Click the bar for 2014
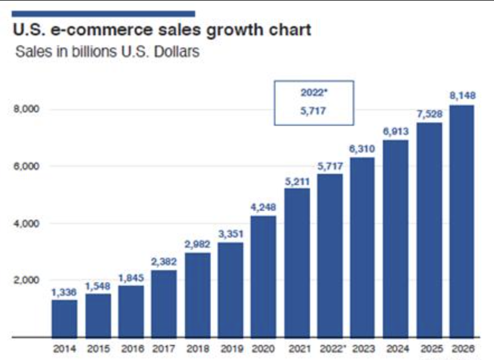64,318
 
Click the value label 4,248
263,207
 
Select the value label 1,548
98,286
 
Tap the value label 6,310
362,149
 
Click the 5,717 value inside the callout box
314,111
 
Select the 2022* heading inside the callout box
314,92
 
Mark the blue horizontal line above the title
104,12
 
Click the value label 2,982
197,244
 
